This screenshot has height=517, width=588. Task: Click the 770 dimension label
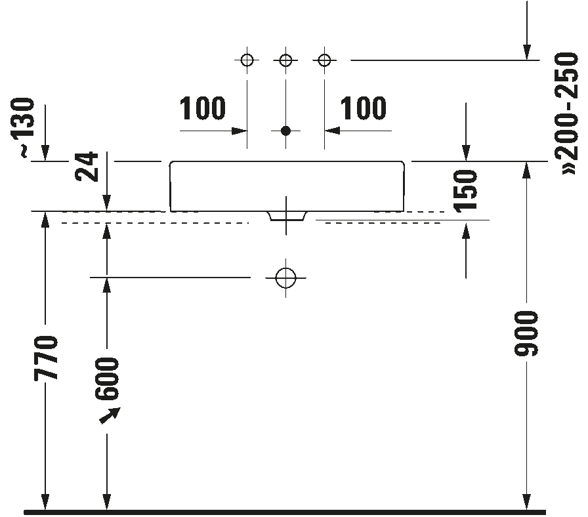(46, 358)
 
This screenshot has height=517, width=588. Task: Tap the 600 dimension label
(107, 379)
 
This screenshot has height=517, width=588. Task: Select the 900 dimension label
(526, 333)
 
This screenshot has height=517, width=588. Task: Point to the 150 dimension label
(465, 191)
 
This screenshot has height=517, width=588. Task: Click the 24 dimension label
(87, 167)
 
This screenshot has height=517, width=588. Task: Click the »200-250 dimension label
(566, 114)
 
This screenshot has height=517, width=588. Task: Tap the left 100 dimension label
(203, 108)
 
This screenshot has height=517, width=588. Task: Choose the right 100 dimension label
(363, 108)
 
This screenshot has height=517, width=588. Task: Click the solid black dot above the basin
(285, 131)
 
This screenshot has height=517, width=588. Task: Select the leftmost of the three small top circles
(247, 60)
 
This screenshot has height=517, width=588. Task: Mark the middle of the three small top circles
(285, 60)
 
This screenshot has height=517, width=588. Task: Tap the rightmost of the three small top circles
(324, 60)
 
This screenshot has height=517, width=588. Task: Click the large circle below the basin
(285, 278)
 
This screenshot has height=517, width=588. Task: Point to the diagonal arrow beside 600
(110, 416)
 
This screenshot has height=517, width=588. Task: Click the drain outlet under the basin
(287, 217)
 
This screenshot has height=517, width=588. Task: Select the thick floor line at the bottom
(285, 512)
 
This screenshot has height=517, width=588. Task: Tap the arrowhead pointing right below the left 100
(240, 131)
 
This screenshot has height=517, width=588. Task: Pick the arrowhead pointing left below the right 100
(332, 131)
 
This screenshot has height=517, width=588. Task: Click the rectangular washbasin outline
(287, 186)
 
